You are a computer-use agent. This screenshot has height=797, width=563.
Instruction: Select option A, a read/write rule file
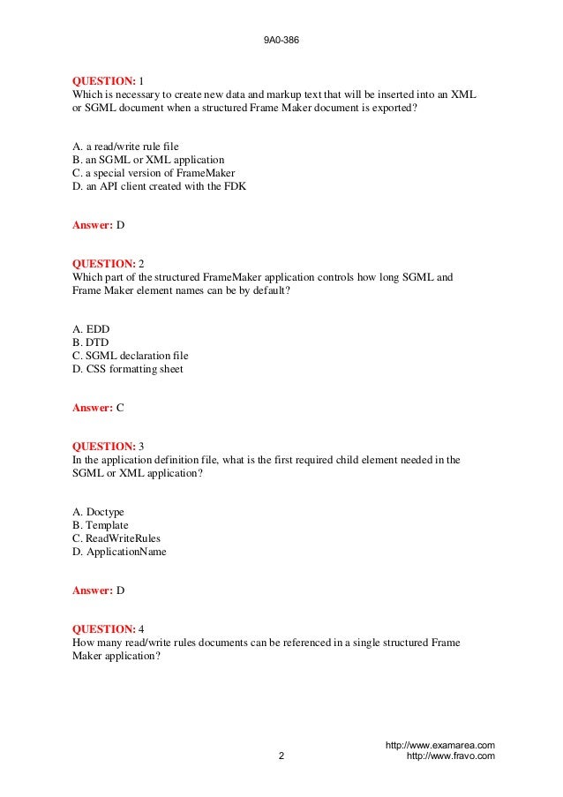click(131, 147)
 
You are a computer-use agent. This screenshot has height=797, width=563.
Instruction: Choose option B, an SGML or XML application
click(148, 160)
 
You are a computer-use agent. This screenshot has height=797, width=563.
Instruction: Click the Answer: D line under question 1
click(98, 225)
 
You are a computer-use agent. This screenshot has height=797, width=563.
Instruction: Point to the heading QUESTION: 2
click(107, 264)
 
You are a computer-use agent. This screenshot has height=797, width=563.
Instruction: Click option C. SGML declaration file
click(131, 356)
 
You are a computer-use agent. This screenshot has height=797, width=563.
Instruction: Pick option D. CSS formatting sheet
click(128, 369)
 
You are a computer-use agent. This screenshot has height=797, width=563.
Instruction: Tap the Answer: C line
click(98, 408)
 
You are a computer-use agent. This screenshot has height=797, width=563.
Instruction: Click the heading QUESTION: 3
click(107, 447)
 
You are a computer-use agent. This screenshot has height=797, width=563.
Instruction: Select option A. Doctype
click(98, 512)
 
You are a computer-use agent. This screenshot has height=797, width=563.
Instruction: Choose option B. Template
click(101, 525)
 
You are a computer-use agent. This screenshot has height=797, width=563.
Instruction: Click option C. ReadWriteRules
click(116, 538)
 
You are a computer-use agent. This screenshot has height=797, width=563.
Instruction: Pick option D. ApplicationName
click(119, 552)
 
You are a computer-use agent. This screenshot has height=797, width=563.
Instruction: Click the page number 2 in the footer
click(281, 756)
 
